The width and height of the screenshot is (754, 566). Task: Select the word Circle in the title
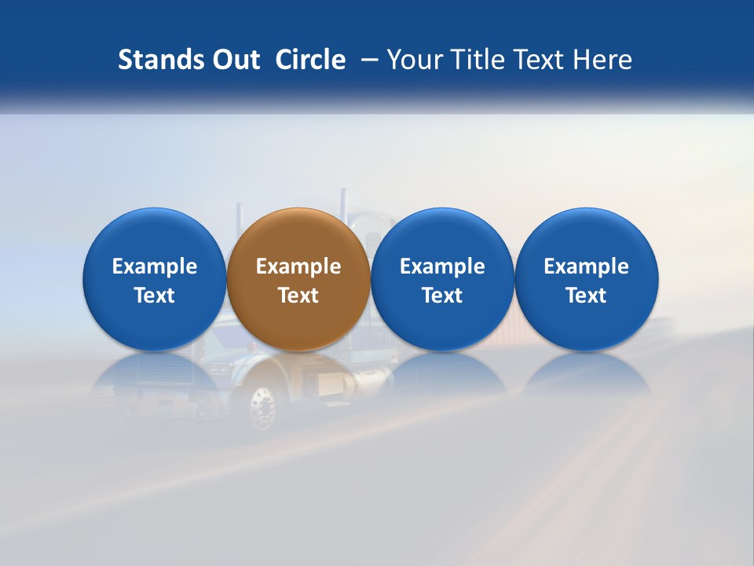310,60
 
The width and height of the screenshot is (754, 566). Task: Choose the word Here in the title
602,60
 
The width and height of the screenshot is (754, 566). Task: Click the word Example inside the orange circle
298,266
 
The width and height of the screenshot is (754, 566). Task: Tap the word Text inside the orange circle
298,296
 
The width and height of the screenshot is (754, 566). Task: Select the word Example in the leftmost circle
155,266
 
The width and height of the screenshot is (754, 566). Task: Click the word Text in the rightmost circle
587,296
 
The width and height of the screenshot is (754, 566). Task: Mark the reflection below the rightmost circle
587,373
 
